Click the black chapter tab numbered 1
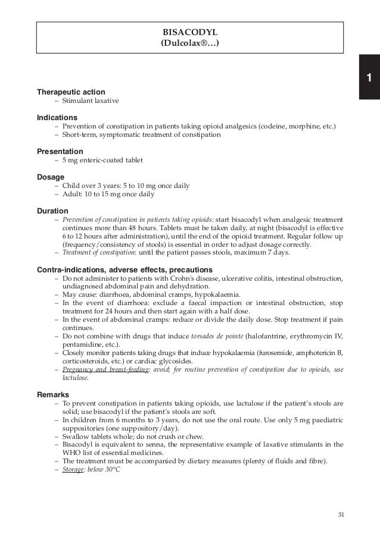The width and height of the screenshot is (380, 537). (369, 77)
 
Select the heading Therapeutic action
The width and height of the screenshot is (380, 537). (71, 92)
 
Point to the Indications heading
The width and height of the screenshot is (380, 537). (57, 118)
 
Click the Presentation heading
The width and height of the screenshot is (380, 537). (60, 152)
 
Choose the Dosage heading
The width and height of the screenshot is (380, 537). (51, 177)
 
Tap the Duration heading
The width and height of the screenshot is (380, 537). (52, 211)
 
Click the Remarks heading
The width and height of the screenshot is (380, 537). (53, 395)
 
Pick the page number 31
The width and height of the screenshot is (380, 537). (341, 514)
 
